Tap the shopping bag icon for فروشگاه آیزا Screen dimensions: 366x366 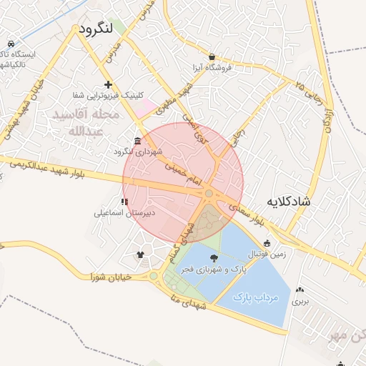[x=212, y=56]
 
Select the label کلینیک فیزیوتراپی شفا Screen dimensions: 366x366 [x=108, y=95]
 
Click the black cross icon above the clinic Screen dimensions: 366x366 [x=108, y=84]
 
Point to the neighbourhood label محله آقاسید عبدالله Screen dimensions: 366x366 [x=85, y=123]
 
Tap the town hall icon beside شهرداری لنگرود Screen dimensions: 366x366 [x=138, y=141]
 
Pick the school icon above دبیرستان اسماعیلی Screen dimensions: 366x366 [x=125, y=202]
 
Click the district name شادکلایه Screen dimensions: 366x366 [x=289, y=202]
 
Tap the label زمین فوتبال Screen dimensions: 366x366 [x=265, y=254]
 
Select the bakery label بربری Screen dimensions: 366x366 [x=299, y=302]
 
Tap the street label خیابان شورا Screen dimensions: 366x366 [x=110, y=276]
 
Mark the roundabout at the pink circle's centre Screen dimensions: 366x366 [x=208, y=193]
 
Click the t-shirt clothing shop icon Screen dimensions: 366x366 [x=140, y=253]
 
